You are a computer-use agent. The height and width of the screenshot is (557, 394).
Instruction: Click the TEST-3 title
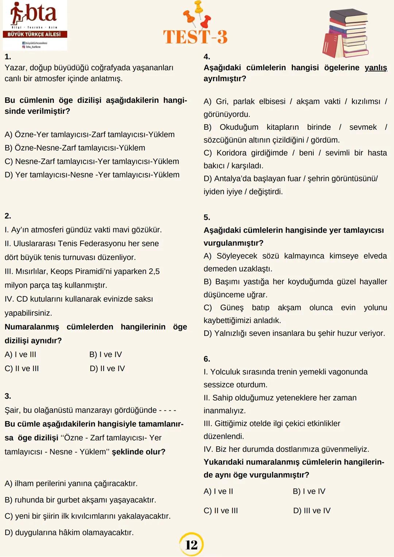(195, 37)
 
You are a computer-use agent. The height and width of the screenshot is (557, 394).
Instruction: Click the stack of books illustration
(345, 34)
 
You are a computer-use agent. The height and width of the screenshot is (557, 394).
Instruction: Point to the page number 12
(191, 545)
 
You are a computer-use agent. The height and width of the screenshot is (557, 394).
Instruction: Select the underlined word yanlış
(376, 68)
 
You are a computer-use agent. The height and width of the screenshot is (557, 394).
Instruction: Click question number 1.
(8, 57)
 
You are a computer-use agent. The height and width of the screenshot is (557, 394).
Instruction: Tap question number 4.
(207, 57)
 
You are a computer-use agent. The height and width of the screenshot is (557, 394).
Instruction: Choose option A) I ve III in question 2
(20, 355)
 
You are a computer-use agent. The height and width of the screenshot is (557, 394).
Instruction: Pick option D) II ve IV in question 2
(107, 369)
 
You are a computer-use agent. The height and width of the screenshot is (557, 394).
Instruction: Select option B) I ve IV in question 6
(309, 491)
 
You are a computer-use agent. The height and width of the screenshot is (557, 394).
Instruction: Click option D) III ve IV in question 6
(312, 511)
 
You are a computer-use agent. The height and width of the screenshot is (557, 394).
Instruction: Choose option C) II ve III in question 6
(221, 511)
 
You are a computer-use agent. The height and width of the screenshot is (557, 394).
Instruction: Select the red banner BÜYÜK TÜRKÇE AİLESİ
(35, 34)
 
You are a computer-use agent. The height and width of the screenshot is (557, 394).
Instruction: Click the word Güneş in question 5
(232, 308)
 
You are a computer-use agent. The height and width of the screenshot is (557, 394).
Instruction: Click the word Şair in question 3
(12, 410)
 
